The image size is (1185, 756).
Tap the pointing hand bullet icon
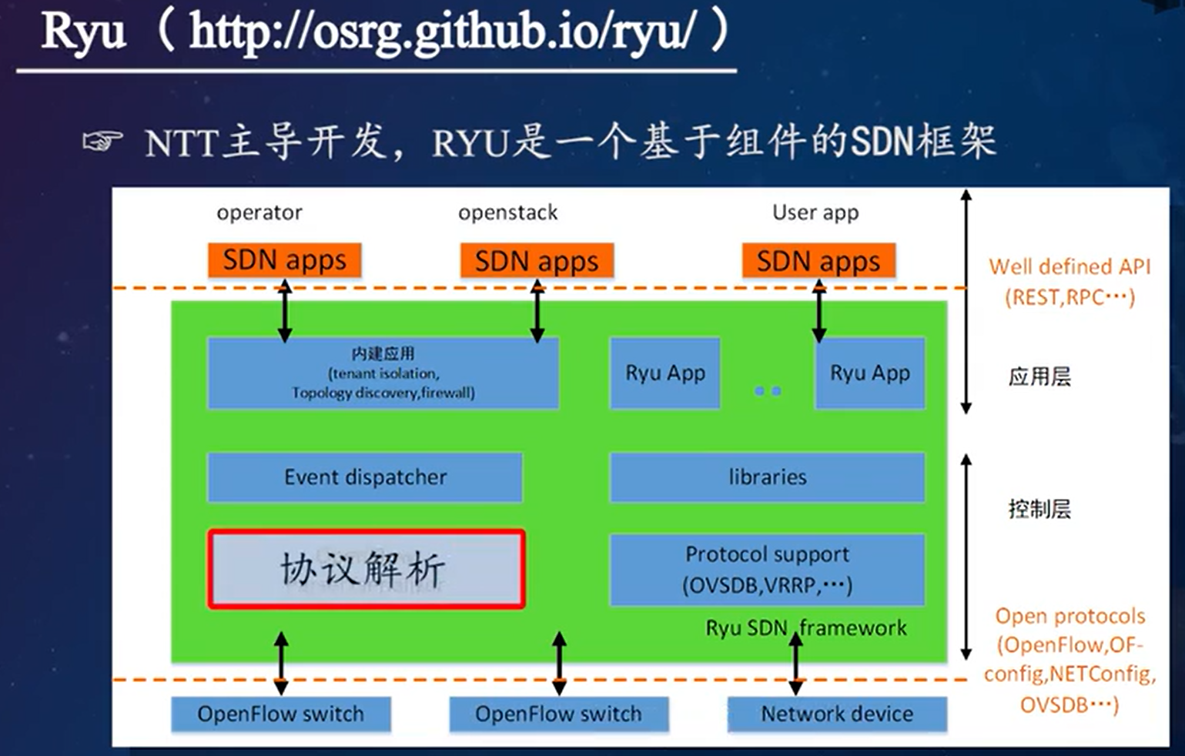pos(102,142)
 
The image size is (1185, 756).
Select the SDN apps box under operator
pos(284,261)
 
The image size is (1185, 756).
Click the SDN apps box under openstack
pos(537,261)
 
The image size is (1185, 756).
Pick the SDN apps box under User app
pos(818,261)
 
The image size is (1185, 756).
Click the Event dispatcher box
pos(365,477)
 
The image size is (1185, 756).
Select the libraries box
pos(767,477)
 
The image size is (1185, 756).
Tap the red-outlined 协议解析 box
pos(367,570)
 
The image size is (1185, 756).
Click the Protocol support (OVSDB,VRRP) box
pos(767,570)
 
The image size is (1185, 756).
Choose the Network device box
pos(837,714)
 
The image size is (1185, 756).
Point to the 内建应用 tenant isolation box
pos(383,373)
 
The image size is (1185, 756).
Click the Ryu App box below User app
pos(869,373)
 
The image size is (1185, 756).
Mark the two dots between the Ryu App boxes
pos(768,391)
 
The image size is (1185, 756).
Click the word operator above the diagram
pos(259,212)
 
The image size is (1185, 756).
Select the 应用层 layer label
pos(1039,376)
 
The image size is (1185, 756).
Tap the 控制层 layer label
pos(1039,509)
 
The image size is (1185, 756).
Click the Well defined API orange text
pos(1070,267)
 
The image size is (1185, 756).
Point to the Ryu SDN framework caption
pos(806,628)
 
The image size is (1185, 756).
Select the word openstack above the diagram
pos(507,212)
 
